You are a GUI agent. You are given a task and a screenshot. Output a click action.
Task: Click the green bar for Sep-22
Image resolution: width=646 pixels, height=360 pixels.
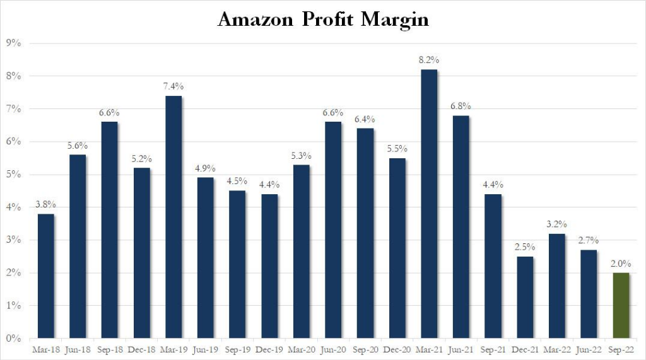point(620,306)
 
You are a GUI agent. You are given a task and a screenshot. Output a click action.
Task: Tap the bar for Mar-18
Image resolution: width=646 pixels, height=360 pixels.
point(46,276)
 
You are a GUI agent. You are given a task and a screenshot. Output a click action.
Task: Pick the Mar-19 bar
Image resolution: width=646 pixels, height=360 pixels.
point(173,217)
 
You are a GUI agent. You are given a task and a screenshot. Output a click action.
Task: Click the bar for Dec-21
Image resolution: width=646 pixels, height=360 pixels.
point(524,298)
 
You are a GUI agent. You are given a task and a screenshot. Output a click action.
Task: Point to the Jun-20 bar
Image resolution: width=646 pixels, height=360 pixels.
point(333,230)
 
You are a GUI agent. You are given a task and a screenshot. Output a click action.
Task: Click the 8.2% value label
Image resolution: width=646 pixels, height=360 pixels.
point(428,60)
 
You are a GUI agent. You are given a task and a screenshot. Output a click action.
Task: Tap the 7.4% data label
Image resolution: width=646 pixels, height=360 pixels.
point(173,86)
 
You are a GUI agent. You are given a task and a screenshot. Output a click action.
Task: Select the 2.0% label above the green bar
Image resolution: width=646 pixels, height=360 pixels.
point(620,264)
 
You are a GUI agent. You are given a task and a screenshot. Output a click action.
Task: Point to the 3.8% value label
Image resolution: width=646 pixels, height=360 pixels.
point(46,204)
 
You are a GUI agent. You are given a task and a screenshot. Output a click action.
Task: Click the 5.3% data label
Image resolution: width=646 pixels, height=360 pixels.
point(301,155)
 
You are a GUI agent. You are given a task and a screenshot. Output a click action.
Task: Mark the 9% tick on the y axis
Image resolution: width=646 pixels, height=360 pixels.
point(14,44)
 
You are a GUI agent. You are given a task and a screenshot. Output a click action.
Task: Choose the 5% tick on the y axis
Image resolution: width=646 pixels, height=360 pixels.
point(14,175)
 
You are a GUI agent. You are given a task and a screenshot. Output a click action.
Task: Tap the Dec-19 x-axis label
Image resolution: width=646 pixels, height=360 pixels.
point(269,349)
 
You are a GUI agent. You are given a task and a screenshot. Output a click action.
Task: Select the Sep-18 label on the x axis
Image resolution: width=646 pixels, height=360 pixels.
point(110,349)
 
